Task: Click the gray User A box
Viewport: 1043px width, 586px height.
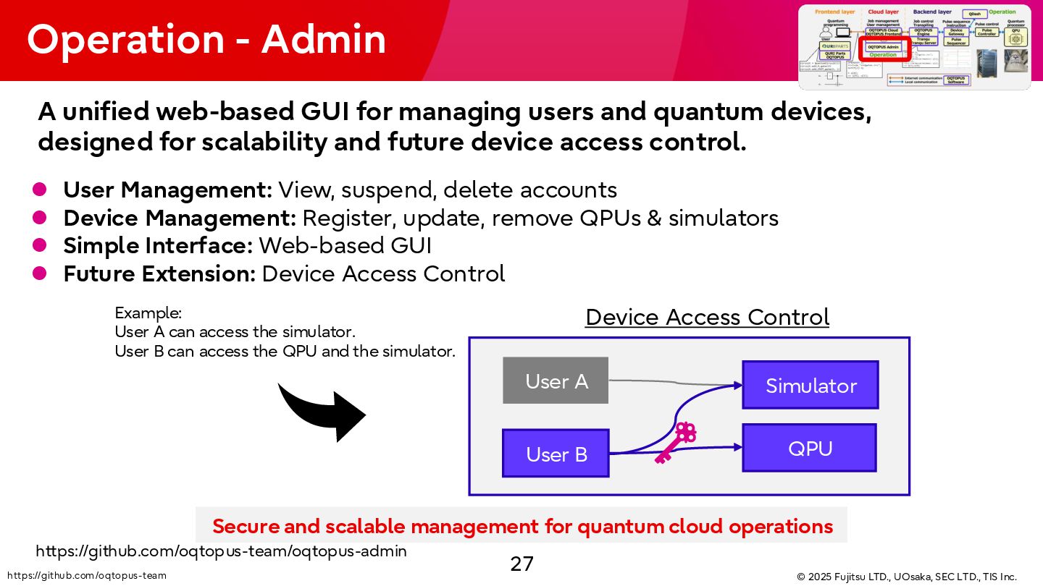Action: tap(556, 381)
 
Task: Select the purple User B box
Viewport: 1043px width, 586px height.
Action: tap(556, 454)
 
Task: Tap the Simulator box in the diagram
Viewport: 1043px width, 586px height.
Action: tap(810, 385)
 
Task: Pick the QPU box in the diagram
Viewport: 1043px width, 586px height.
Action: tap(810, 448)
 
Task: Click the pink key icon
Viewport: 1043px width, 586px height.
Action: tap(677, 441)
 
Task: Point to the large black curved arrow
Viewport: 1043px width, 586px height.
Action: tap(323, 412)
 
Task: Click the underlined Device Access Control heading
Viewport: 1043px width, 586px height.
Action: tap(707, 317)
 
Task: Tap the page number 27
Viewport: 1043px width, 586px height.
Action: tap(521, 564)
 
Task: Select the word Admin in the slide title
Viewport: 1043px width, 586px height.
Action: tap(324, 39)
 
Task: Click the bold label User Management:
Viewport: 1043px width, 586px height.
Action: tap(167, 190)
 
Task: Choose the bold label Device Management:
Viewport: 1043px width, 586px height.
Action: tap(180, 218)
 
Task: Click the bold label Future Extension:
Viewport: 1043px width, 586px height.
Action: tap(159, 274)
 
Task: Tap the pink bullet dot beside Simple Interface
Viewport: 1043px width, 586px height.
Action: tap(39, 246)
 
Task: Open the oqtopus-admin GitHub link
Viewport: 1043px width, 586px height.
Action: tap(221, 551)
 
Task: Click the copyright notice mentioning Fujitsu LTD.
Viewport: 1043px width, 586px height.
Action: tap(906, 577)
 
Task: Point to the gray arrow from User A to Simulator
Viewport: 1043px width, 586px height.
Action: tap(674, 382)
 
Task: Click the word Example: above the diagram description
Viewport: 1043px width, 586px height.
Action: tap(148, 313)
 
